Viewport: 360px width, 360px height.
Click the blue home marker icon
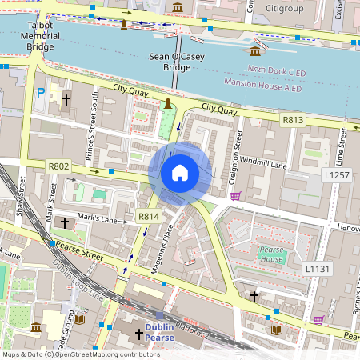coord(180,172)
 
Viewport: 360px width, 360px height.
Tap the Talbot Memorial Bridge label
coord(39,36)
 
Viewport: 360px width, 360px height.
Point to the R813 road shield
coord(293,119)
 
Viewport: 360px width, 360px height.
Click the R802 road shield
coord(58,166)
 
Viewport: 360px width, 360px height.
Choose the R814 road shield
coord(149,216)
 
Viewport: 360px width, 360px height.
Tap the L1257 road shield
coord(338,174)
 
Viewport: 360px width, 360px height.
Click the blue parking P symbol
coord(41,94)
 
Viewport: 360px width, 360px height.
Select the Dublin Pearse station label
coord(166,332)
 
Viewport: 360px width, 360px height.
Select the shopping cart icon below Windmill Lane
coord(235,196)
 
